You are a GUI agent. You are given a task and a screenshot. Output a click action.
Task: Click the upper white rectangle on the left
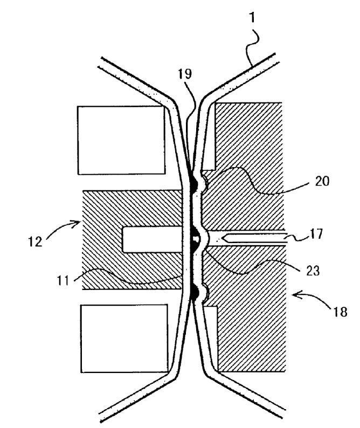click(x=121, y=140)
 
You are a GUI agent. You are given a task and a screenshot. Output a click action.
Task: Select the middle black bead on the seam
click(x=193, y=246)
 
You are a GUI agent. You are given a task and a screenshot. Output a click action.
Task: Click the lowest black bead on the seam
click(x=193, y=294)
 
